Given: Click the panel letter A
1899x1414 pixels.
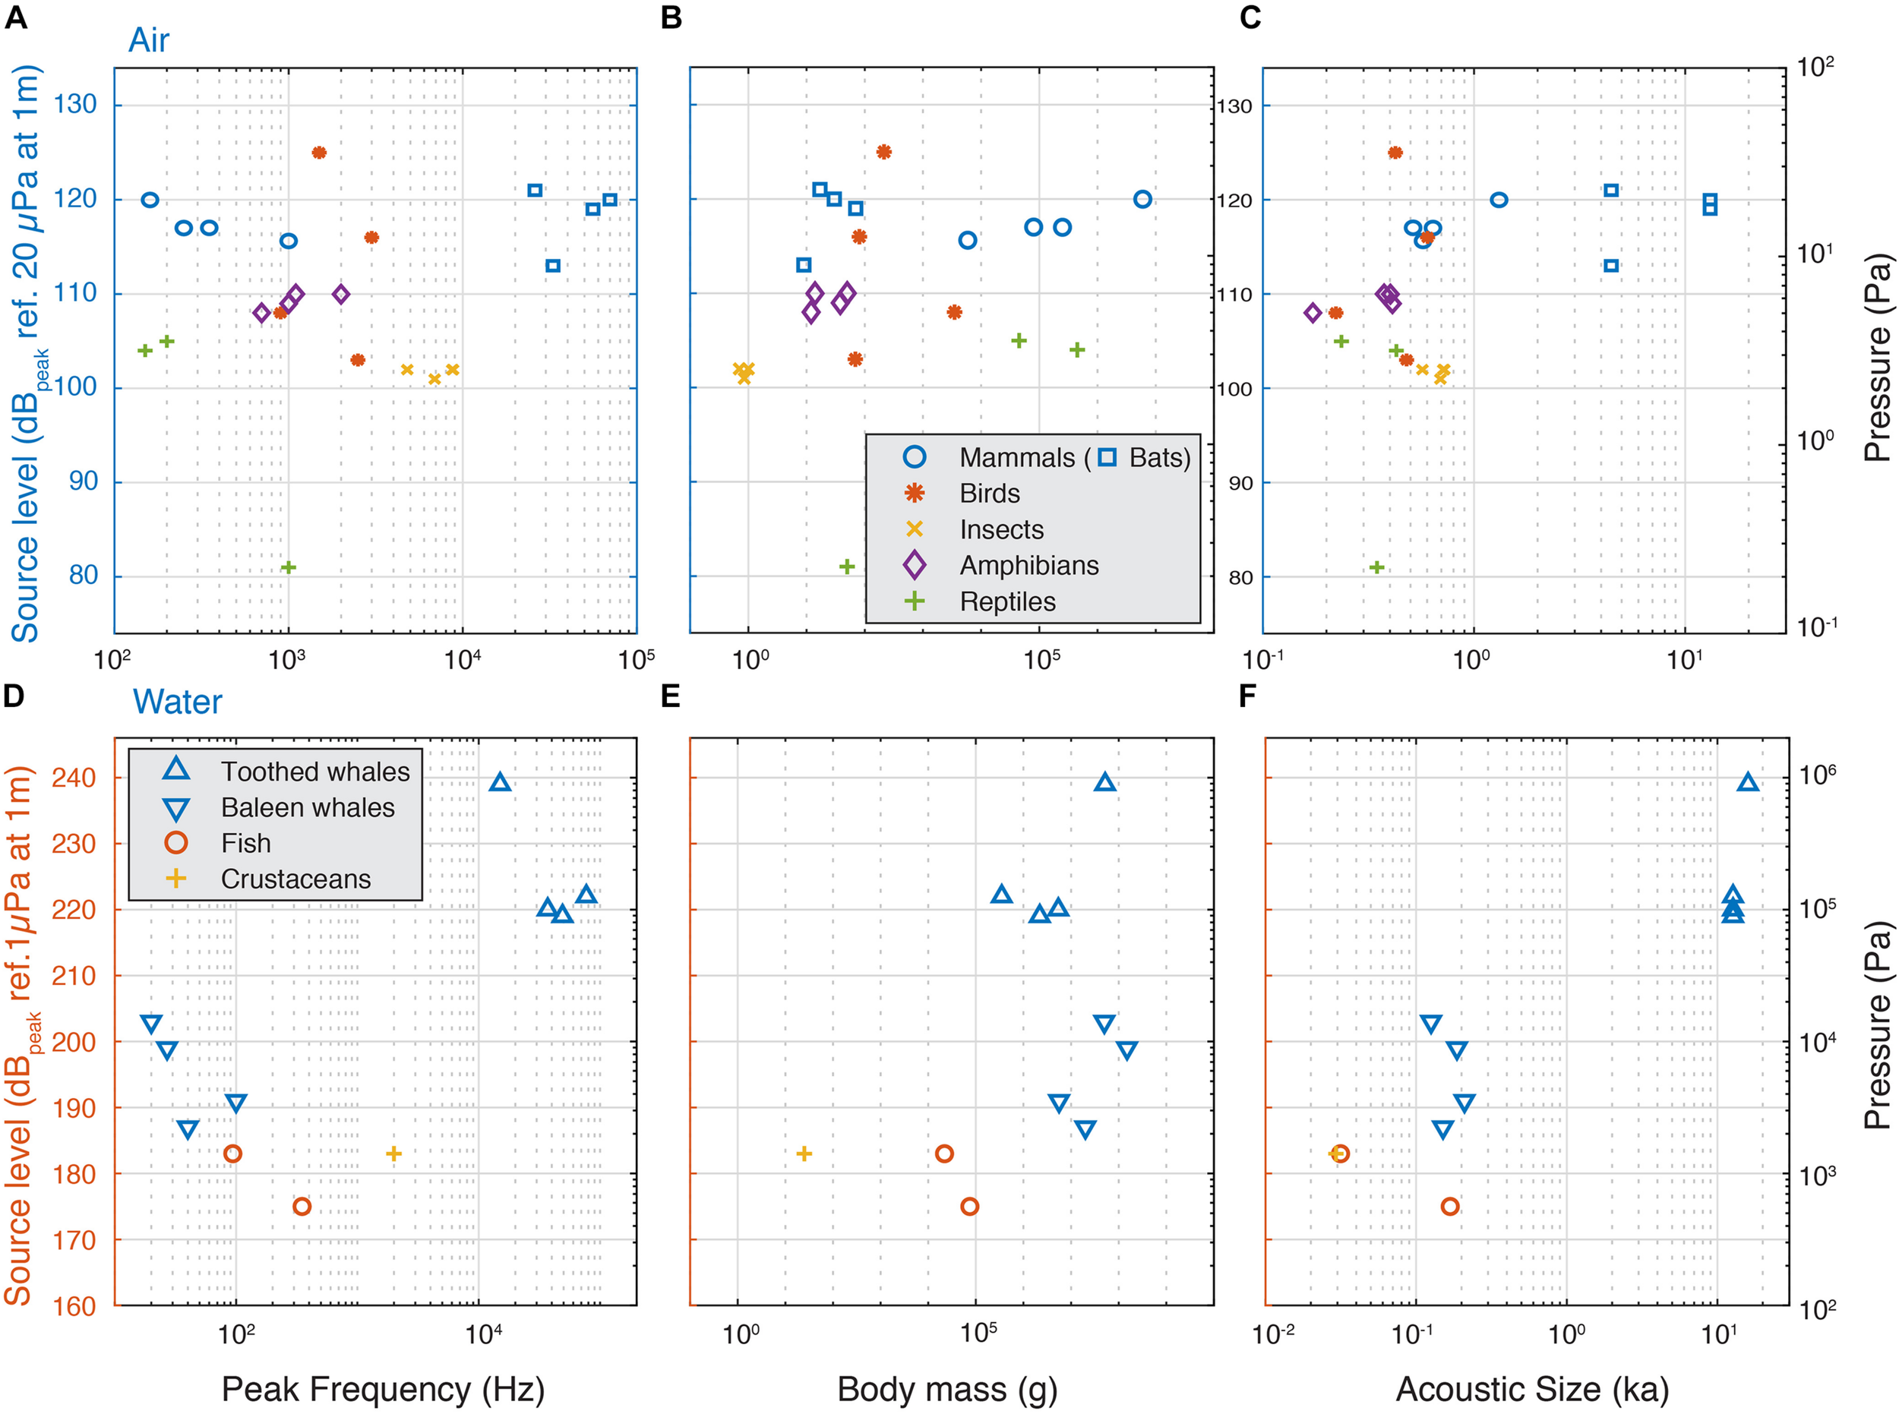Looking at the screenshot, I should click(x=15, y=18).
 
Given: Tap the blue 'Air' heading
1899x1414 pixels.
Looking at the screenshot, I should click(x=148, y=40).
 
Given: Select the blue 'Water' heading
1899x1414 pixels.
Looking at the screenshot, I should click(x=176, y=702).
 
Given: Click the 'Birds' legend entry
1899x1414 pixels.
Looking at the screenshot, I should click(x=989, y=494).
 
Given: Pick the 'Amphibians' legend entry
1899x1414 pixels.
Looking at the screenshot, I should click(x=1028, y=566).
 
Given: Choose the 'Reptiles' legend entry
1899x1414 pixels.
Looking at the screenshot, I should click(x=1007, y=601).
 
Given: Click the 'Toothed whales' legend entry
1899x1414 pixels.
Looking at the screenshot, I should click(x=315, y=772).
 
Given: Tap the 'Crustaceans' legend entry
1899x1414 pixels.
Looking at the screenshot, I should click(x=295, y=879).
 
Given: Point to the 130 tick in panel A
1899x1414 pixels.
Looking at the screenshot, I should click(x=75, y=105).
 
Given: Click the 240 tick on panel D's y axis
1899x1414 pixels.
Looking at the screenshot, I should click(x=74, y=778).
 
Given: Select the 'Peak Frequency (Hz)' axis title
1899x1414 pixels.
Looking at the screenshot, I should click(x=383, y=1388).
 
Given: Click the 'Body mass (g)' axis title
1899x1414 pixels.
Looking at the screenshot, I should click(x=947, y=1388).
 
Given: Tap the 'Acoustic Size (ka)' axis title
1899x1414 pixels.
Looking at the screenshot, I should click(x=1531, y=1388).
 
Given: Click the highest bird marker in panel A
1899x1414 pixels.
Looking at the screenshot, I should click(x=319, y=153).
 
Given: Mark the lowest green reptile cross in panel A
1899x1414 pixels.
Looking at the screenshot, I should click(x=289, y=567).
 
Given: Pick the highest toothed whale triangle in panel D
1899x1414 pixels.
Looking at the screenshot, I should click(x=500, y=782).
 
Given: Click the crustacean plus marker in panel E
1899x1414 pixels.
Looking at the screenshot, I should click(x=804, y=1154).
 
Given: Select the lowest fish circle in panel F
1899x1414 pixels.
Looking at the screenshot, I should click(x=1449, y=1207).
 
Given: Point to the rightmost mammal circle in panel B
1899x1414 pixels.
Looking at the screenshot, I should click(x=1142, y=200).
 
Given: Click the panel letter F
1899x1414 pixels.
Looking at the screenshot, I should click(x=1247, y=696).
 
